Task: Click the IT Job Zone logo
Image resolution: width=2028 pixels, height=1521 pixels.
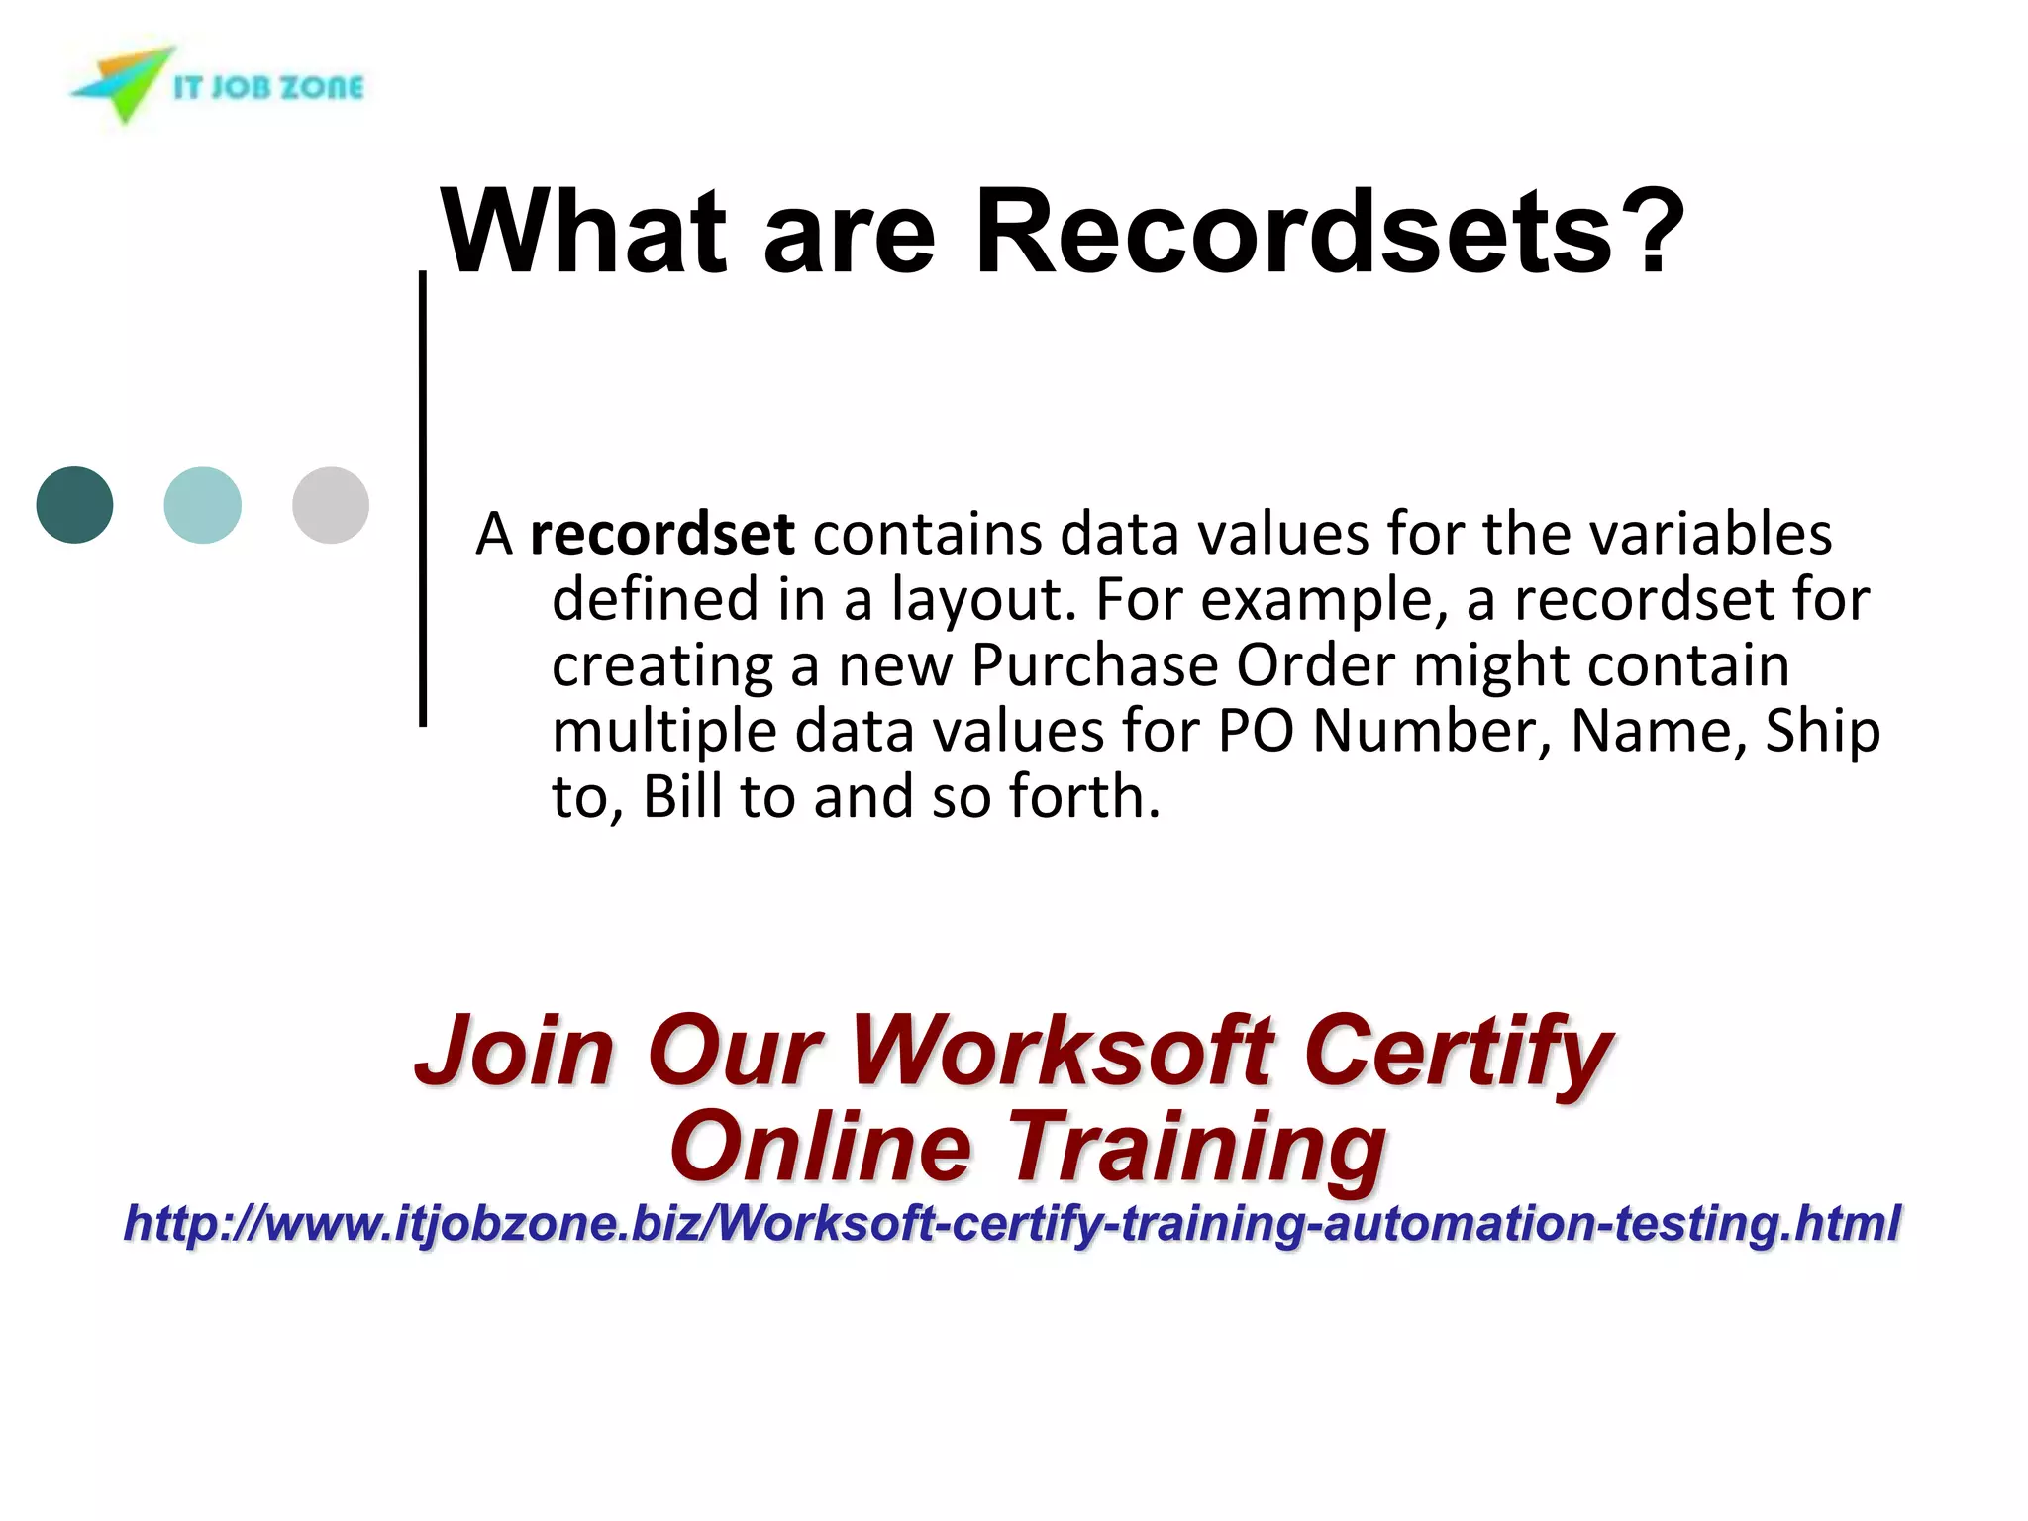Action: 218,85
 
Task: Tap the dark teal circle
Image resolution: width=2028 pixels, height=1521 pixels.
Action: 74,505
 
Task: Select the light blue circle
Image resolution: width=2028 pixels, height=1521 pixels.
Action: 202,505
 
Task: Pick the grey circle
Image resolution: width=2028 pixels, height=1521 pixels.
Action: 331,505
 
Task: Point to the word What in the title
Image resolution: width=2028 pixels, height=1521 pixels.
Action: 584,232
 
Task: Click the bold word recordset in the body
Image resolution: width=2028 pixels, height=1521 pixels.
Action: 661,535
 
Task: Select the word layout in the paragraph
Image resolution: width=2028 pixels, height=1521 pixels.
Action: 983,600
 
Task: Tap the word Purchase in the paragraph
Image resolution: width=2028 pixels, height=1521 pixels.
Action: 1093,665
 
